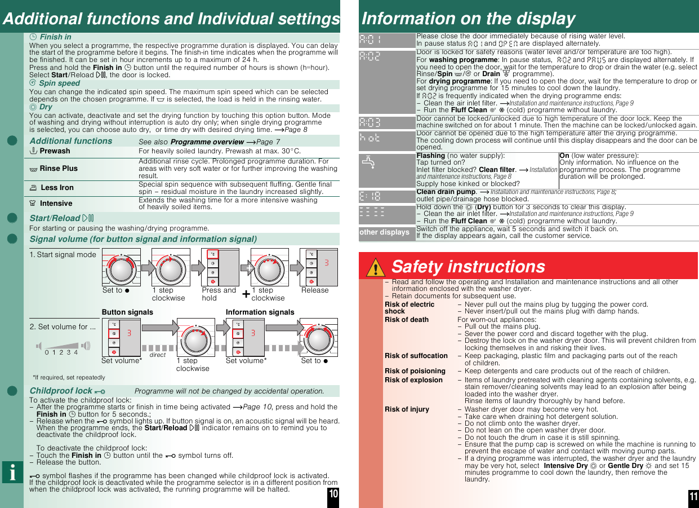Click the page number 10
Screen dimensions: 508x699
click(x=333, y=494)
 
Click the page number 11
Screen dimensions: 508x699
click(x=693, y=496)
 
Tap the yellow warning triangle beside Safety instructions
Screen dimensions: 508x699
click(x=375, y=267)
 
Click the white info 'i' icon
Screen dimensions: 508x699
click(x=12, y=472)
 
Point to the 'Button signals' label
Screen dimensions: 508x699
click(x=127, y=312)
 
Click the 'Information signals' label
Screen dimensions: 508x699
click(x=260, y=312)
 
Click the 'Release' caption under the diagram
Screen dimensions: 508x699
click(x=315, y=290)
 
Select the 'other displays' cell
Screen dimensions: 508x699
click(x=384, y=232)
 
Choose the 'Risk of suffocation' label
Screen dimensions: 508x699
click(x=416, y=356)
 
